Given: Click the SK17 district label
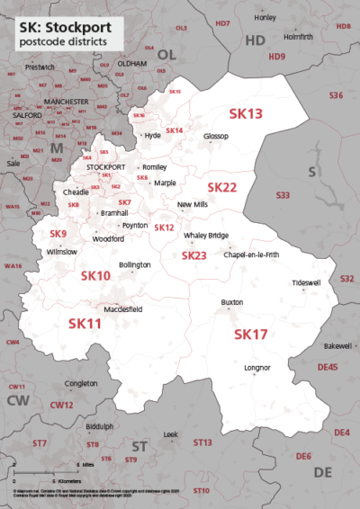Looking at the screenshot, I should [251, 334].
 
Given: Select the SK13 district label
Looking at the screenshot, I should [246, 114].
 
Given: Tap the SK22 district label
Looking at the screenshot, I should [222, 187].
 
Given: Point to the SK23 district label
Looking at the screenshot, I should [194, 255].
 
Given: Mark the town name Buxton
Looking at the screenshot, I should [232, 303].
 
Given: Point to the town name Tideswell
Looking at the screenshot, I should [306, 282].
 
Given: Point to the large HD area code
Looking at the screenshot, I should [256, 40].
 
